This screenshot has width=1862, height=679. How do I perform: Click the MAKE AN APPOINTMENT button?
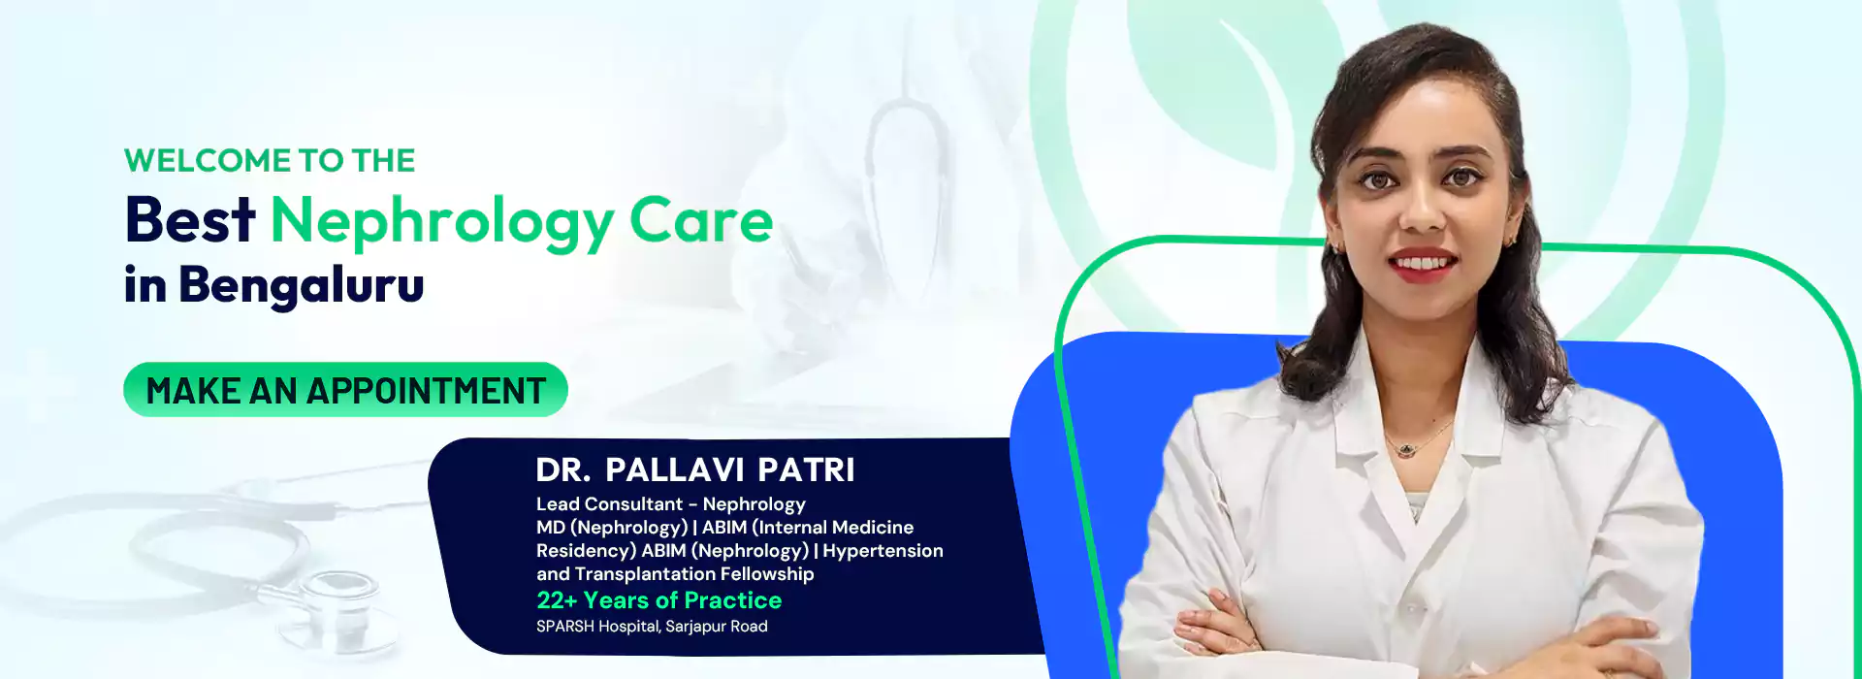tap(345, 390)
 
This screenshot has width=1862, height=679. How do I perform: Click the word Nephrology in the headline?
tap(442, 223)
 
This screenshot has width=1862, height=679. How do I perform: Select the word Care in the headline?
tap(701, 221)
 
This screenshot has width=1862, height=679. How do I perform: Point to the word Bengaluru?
tap(302, 286)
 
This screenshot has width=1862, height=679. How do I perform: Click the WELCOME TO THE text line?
tap(270, 160)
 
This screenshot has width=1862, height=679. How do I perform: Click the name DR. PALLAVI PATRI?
tap(695, 470)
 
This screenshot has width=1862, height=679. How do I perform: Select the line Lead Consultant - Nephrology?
tap(671, 504)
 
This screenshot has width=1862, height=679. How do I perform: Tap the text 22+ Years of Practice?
tap(659, 600)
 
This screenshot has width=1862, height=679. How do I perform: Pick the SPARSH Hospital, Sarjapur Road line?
tap(652, 627)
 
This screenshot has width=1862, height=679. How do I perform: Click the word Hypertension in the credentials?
tap(883, 551)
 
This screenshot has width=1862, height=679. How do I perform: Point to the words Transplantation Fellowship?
tap(694, 574)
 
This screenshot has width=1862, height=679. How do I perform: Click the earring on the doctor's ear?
tap(1509, 238)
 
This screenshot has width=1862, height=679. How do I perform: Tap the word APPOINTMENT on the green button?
tap(427, 391)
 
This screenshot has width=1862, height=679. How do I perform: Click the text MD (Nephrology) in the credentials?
tap(612, 528)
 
